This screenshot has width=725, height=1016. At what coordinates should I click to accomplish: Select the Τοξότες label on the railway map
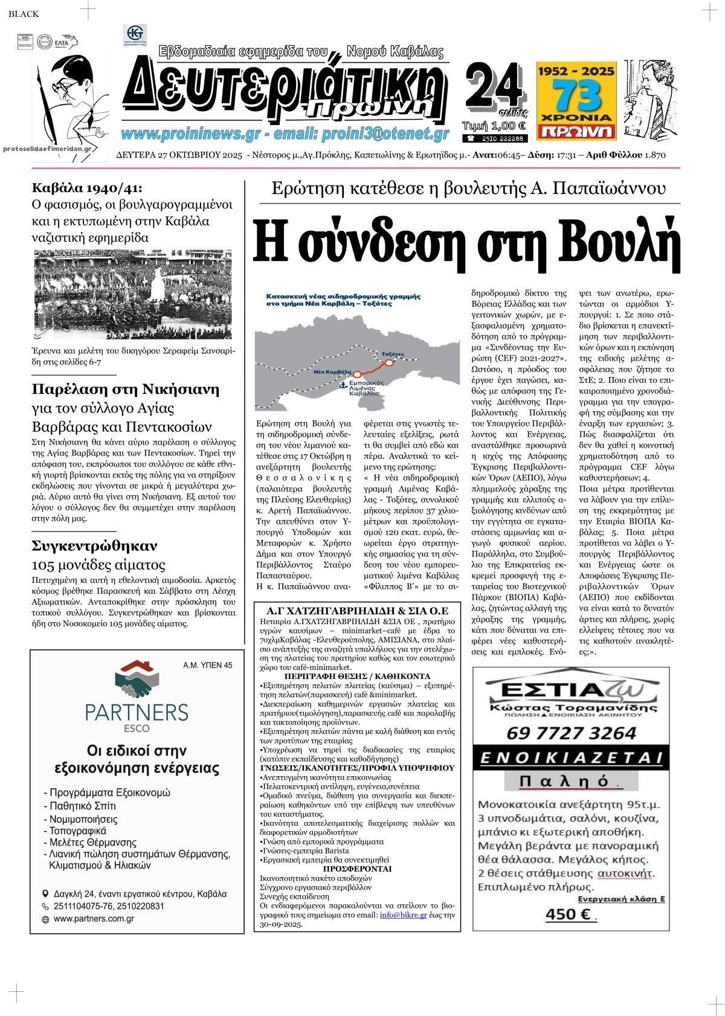pos(393,353)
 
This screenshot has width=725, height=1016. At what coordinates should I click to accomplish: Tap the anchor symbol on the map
pos(343,385)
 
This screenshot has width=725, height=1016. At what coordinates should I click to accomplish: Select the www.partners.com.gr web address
pos(94,919)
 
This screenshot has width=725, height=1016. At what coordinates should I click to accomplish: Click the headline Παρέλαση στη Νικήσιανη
pos(125,388)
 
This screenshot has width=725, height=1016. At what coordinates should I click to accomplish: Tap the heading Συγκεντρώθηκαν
pos(94,545)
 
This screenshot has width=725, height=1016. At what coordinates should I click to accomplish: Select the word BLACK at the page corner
pos(24,14)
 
